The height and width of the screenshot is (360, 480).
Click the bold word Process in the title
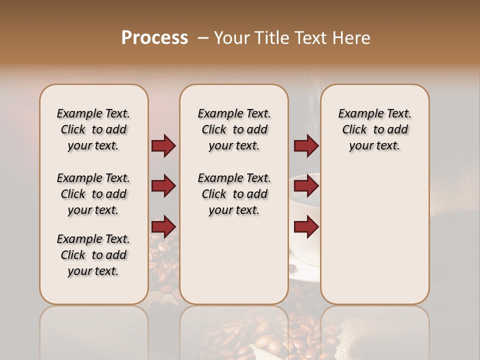[154, 37]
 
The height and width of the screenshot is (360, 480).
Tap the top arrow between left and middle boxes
[163, 145]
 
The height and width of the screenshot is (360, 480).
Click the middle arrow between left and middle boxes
[163, 186]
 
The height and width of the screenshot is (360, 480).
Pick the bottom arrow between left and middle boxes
[163, 227]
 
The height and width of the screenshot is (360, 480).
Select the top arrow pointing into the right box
[306, 145]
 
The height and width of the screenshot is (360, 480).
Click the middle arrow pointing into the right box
[306, 186]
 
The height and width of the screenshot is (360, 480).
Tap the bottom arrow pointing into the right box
[306, 227]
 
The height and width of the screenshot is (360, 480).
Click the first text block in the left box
[93, 129]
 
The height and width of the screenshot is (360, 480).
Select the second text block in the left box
[93, 194]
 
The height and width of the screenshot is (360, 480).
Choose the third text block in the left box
[93, 255]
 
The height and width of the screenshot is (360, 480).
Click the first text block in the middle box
[234, 129]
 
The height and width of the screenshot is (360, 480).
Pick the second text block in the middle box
[234, 194]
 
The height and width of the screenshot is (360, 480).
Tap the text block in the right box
[374, 129]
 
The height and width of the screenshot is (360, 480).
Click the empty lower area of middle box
[234, 260]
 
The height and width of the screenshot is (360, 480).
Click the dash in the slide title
[203, 38]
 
